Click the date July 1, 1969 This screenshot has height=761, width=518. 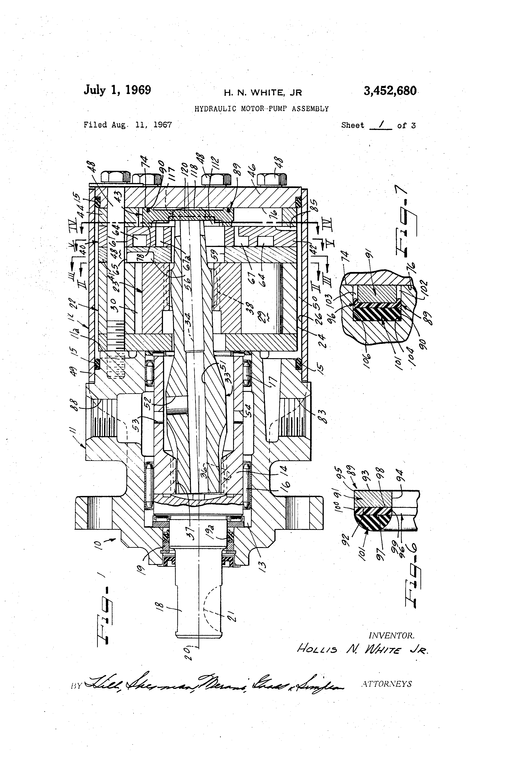coord(117,90)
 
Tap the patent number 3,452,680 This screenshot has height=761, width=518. coord(390,91)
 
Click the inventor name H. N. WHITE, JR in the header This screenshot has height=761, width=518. coord(263,93)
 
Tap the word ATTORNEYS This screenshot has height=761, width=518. coord(386,684)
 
